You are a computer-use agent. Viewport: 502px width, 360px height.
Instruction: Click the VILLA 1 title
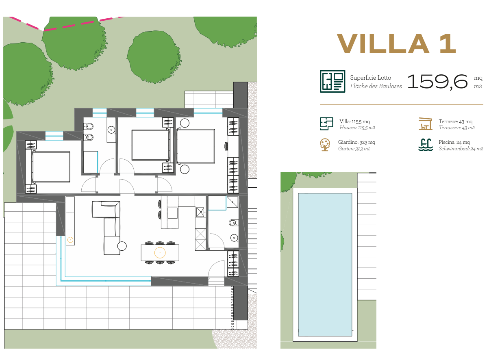[x=396, y=44]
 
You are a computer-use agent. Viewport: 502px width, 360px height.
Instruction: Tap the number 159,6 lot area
[x=437, y=82]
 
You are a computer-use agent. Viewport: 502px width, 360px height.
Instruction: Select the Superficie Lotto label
[x=370, y=78]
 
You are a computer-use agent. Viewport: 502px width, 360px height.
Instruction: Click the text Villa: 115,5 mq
[x=354, y=121]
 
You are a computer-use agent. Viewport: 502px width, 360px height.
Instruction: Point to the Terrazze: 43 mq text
[x=455, y=121]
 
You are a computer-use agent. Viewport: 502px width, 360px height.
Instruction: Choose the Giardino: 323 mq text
[x=356, y=142]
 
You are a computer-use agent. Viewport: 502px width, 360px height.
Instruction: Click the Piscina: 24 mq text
[x=454, y=142]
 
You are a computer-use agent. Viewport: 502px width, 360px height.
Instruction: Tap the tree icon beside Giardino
[x=325, y=145]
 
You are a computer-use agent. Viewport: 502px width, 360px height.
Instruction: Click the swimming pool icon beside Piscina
[x=425, y=145]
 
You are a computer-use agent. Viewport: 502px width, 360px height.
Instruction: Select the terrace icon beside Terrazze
[x=425, y=124]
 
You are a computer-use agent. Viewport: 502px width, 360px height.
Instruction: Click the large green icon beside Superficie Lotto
[x=332, y=81]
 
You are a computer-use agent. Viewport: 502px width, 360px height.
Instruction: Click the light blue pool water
[x=325, y=265]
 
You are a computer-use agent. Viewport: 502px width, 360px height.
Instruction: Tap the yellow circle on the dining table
[x=160, y=253]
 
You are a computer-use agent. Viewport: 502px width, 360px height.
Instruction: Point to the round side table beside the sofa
[x=122, y=246]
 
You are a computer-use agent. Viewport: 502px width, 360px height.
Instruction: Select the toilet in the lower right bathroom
[x=233, y=223]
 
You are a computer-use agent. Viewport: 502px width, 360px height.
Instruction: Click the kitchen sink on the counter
[x=200, y=212]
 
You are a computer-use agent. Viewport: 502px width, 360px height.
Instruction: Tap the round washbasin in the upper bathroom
[x=111, y=130]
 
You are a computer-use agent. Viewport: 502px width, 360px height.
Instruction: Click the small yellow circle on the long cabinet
[x=70, y=240]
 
